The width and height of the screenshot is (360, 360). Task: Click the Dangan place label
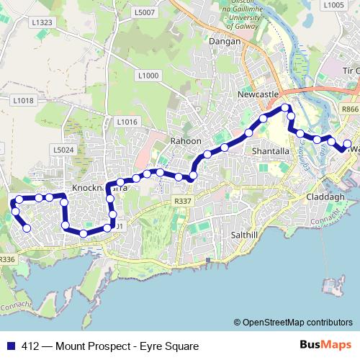[x=218, y=42]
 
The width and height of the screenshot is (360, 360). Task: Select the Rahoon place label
[x=186, y=141]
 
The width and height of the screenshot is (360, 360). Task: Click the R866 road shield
[x=350, y=109]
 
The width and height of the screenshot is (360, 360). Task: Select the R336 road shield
[x=7, y=259]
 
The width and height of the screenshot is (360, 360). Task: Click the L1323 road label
[x=42, y=22]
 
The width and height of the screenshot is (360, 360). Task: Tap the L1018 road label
[x=24, y=100]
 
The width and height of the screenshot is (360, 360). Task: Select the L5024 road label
[x=63, y=150]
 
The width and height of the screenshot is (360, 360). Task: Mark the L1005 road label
[x=334, y=5]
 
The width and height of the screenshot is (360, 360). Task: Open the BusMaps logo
[x=320, y=346]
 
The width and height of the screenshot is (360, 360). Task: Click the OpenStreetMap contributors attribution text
[x=297, y=323]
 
